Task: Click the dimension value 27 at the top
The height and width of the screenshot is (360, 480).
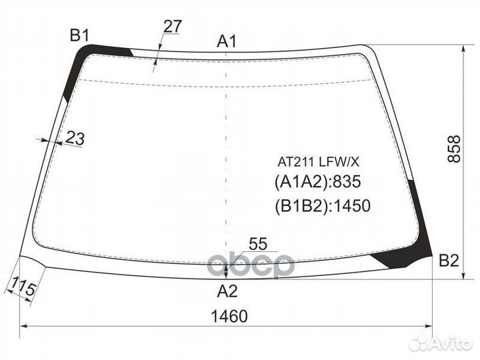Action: (173, 26)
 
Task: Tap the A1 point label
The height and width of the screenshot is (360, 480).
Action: (227, 41)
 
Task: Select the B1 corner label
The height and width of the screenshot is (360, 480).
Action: (79, 35)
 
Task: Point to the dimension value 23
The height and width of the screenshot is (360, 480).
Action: (75, 138)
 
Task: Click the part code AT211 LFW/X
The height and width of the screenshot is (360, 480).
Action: (318, 162)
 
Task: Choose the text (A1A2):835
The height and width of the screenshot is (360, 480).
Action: (318, 182)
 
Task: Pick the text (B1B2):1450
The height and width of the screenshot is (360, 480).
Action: (323, 206)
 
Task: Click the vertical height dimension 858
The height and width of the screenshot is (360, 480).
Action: (454, 149)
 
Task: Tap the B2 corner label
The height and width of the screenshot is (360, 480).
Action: (449, 261)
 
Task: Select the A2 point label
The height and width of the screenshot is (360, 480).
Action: (227, 291)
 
